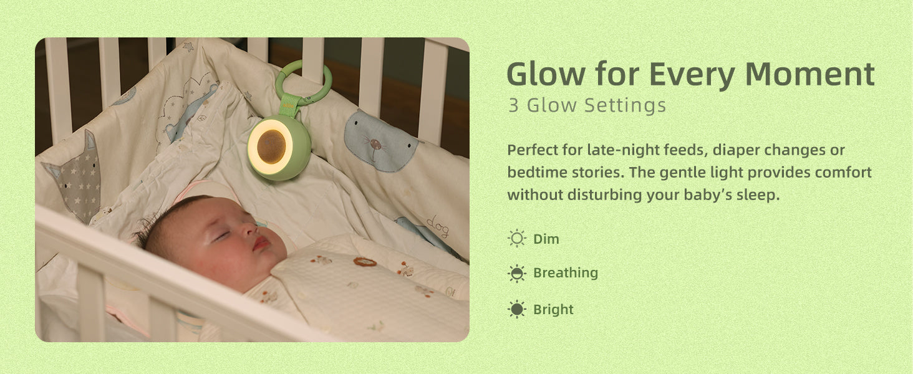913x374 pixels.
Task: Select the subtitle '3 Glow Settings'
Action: pos(587,105)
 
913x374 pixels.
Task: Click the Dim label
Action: pos(546,239)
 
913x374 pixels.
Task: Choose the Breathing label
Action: pos(566,273)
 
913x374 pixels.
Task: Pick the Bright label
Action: pos(553,310)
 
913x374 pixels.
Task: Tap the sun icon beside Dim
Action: pos(517,238)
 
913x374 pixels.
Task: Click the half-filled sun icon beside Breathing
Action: pos(517,273)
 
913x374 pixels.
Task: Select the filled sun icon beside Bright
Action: pos(517,309)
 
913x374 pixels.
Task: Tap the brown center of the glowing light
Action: pos(272,145)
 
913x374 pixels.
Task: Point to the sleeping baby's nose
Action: pos(248,231)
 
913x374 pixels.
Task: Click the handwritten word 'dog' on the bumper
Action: pos(438,226)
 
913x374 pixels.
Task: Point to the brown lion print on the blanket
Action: pos(364,261)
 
